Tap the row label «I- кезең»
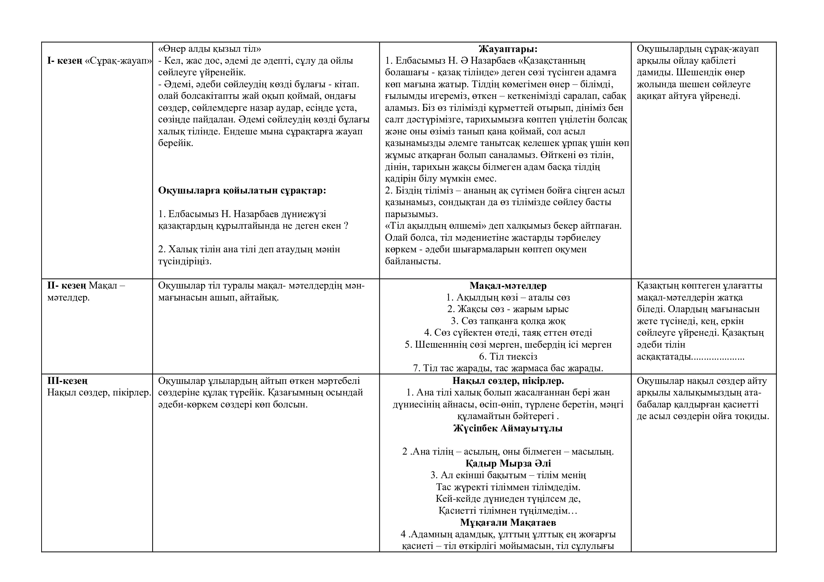click(64, 61)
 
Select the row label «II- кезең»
click(66, 286)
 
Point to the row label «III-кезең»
click(68, 381)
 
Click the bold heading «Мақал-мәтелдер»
click(508, 286)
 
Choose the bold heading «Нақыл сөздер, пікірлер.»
click(508, 381)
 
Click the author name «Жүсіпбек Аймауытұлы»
click(508, 428)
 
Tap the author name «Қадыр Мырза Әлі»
click(508, 463)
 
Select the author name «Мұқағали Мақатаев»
click(508, 523)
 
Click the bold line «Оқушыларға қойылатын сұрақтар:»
click(242, 190)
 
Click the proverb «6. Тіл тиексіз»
click(508, 356)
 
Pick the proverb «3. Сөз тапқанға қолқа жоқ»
click(508, 321)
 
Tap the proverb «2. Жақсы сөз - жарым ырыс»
click(508, 309)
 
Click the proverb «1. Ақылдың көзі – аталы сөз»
click(508, 297)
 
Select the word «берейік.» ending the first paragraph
click(175, 143)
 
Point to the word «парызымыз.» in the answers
click(411, 214)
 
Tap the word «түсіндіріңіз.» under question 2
click(185, 261)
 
